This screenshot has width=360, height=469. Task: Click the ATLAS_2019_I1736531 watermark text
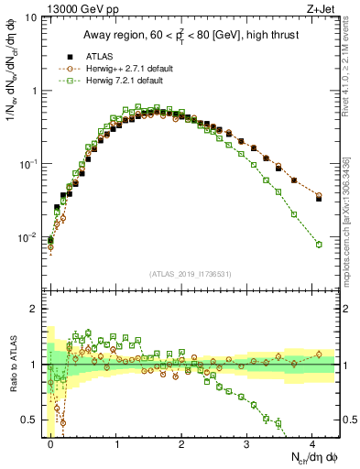tap(190, 274)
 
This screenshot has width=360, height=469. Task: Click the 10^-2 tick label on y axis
tap(27, 238)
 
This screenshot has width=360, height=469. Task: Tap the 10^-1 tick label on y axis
tap(27, 165)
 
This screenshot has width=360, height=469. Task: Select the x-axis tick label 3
tap(247, 442)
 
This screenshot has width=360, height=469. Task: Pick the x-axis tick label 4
tap(312, 442)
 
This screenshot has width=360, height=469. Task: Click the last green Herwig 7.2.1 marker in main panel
tap(319, 245)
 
